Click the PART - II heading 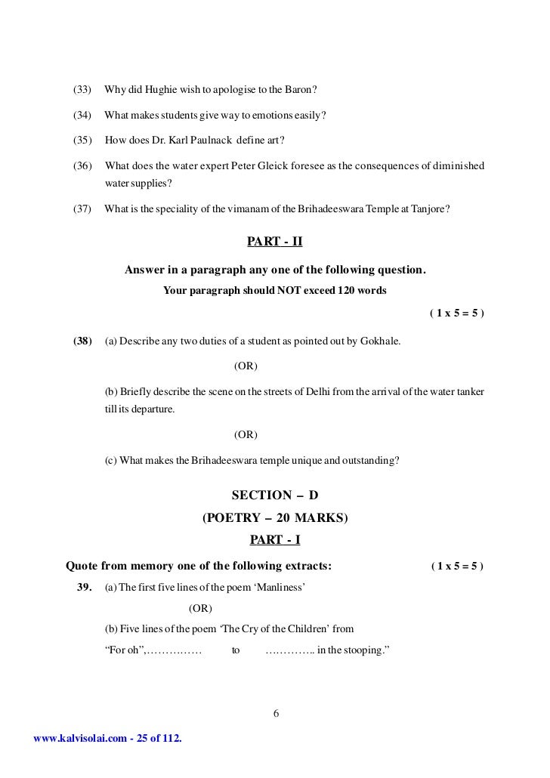275,242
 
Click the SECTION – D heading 275,496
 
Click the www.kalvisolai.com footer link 75,738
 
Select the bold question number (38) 82,341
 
